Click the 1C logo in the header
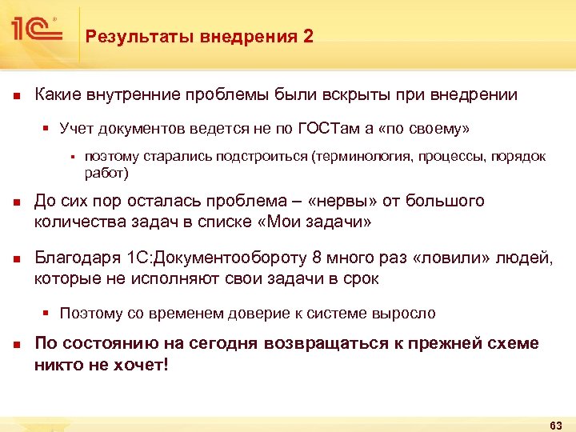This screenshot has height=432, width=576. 37,30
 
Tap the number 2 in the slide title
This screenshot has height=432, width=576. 310,36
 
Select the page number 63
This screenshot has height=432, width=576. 557,423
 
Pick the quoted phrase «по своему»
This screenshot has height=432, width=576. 430,128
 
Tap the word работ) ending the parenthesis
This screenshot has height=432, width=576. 106,172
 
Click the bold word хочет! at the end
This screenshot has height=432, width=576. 145,365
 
